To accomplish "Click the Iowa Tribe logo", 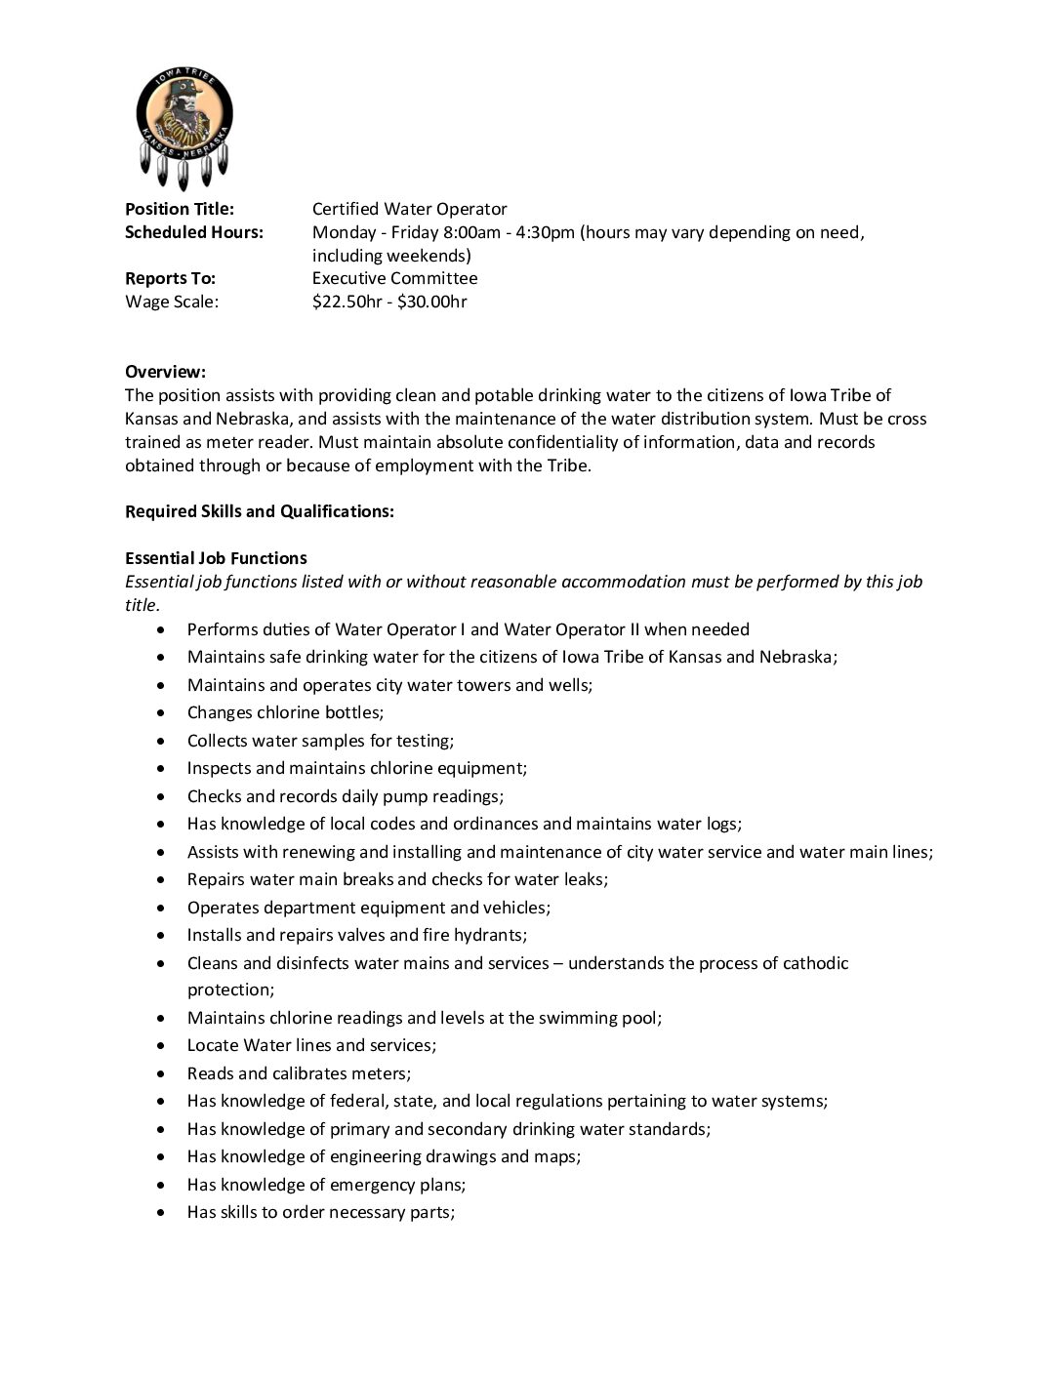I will pos(184,127).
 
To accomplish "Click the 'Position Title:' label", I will pos(180,209).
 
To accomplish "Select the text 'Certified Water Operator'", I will pos(409,209).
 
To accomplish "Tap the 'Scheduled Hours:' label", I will pos(194,232).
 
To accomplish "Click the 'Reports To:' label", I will pos(170,278).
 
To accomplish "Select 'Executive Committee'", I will pos(394,278).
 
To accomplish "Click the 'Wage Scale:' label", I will pos(172,302).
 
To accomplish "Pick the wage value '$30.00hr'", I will pos(432,302).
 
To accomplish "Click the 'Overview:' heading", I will pos(165,372).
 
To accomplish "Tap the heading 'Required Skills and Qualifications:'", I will pos(260,511).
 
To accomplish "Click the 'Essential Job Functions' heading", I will pos(216,558).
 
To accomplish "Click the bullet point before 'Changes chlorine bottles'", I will pos(162,713).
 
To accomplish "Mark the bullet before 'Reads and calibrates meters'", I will pos(162,1074).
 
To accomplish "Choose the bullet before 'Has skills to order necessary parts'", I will pos(162,1213).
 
